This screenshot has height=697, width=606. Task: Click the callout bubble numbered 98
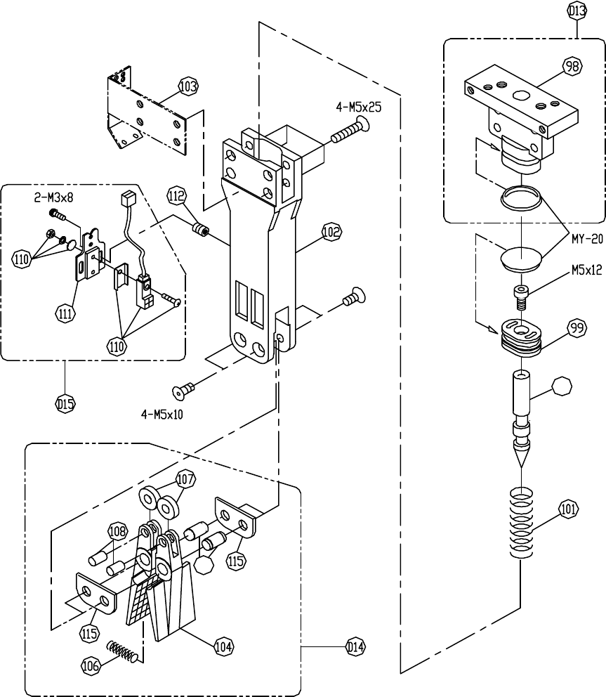(572, 66)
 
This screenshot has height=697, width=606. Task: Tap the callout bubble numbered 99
(577, 329)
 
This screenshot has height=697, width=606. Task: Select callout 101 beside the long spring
(568, 509)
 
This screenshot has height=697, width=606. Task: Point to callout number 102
(331, 232)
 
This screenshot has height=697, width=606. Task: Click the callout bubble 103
(188, 86)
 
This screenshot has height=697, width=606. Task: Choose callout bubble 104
(223, 646)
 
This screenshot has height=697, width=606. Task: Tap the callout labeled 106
(91, 665)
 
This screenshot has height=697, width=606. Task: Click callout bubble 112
(177, 196)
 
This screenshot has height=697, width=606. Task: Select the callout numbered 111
(65, 314)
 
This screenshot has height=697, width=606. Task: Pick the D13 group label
(577, 11)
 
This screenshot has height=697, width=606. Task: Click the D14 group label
(355, 647)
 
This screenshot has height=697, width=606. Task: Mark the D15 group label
(65, 404)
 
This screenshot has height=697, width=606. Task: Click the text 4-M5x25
(359, 107)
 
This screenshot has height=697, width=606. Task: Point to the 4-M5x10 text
(162, 415)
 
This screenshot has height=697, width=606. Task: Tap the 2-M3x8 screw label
(54, 197)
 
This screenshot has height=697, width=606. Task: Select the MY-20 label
(587, 239)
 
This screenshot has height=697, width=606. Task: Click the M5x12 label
(587, 270)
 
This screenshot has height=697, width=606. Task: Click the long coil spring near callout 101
(521, 523)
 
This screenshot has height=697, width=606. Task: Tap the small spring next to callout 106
(124, 652)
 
